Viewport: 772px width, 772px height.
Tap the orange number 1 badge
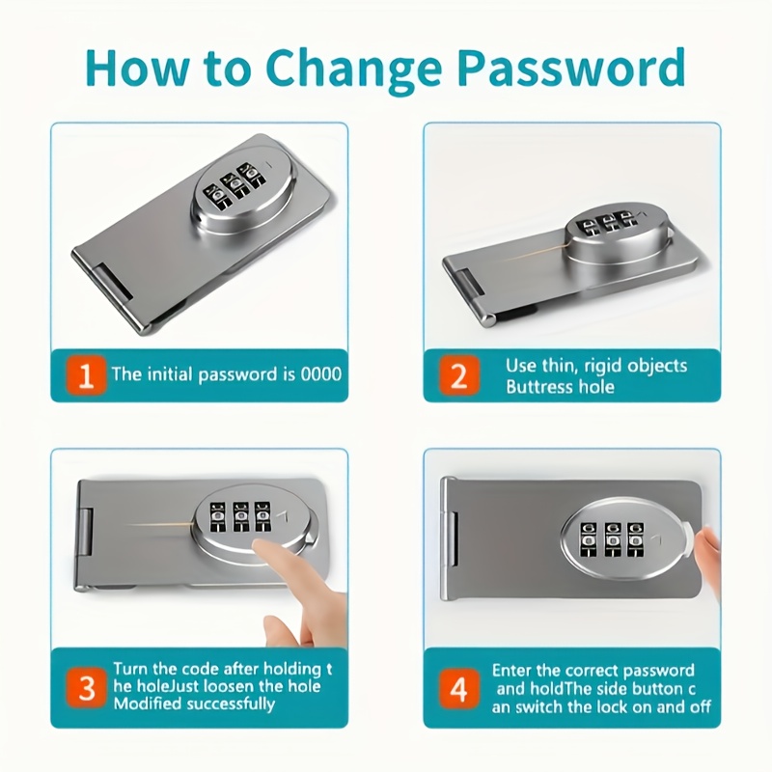click(x=86, y=375)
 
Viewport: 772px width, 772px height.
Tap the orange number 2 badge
click(x=459, y=375)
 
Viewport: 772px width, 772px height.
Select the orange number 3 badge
click(x=86, y=688)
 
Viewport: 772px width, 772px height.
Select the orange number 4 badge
click(x=459, y=689)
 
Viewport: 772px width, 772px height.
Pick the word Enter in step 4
click(x=512, y=671)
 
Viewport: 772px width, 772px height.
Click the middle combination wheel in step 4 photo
click(x=612, y=539)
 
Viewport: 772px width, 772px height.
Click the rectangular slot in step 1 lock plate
click(x=114, y=282)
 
